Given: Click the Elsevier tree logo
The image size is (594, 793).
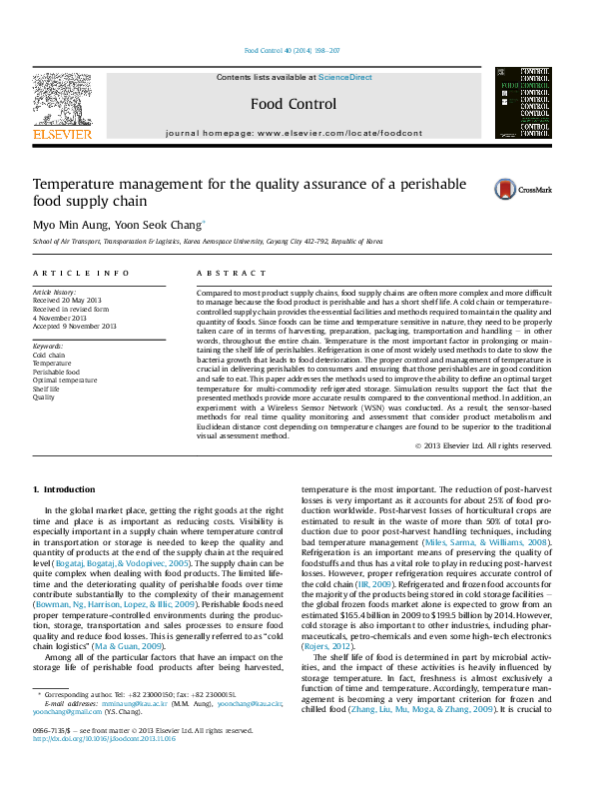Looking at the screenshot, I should [62, 99].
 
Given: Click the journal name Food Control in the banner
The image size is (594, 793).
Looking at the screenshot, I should [293, 104].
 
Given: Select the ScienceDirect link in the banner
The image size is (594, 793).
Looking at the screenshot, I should [344, 77].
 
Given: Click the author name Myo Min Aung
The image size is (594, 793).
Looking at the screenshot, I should [67, 225].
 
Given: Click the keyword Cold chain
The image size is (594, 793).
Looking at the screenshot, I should [49, 355].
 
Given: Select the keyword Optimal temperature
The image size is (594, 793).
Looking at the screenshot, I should [65, 380].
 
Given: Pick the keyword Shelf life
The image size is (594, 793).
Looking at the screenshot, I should [47, 389].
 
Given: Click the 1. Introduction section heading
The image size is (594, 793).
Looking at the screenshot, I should [65, 489].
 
